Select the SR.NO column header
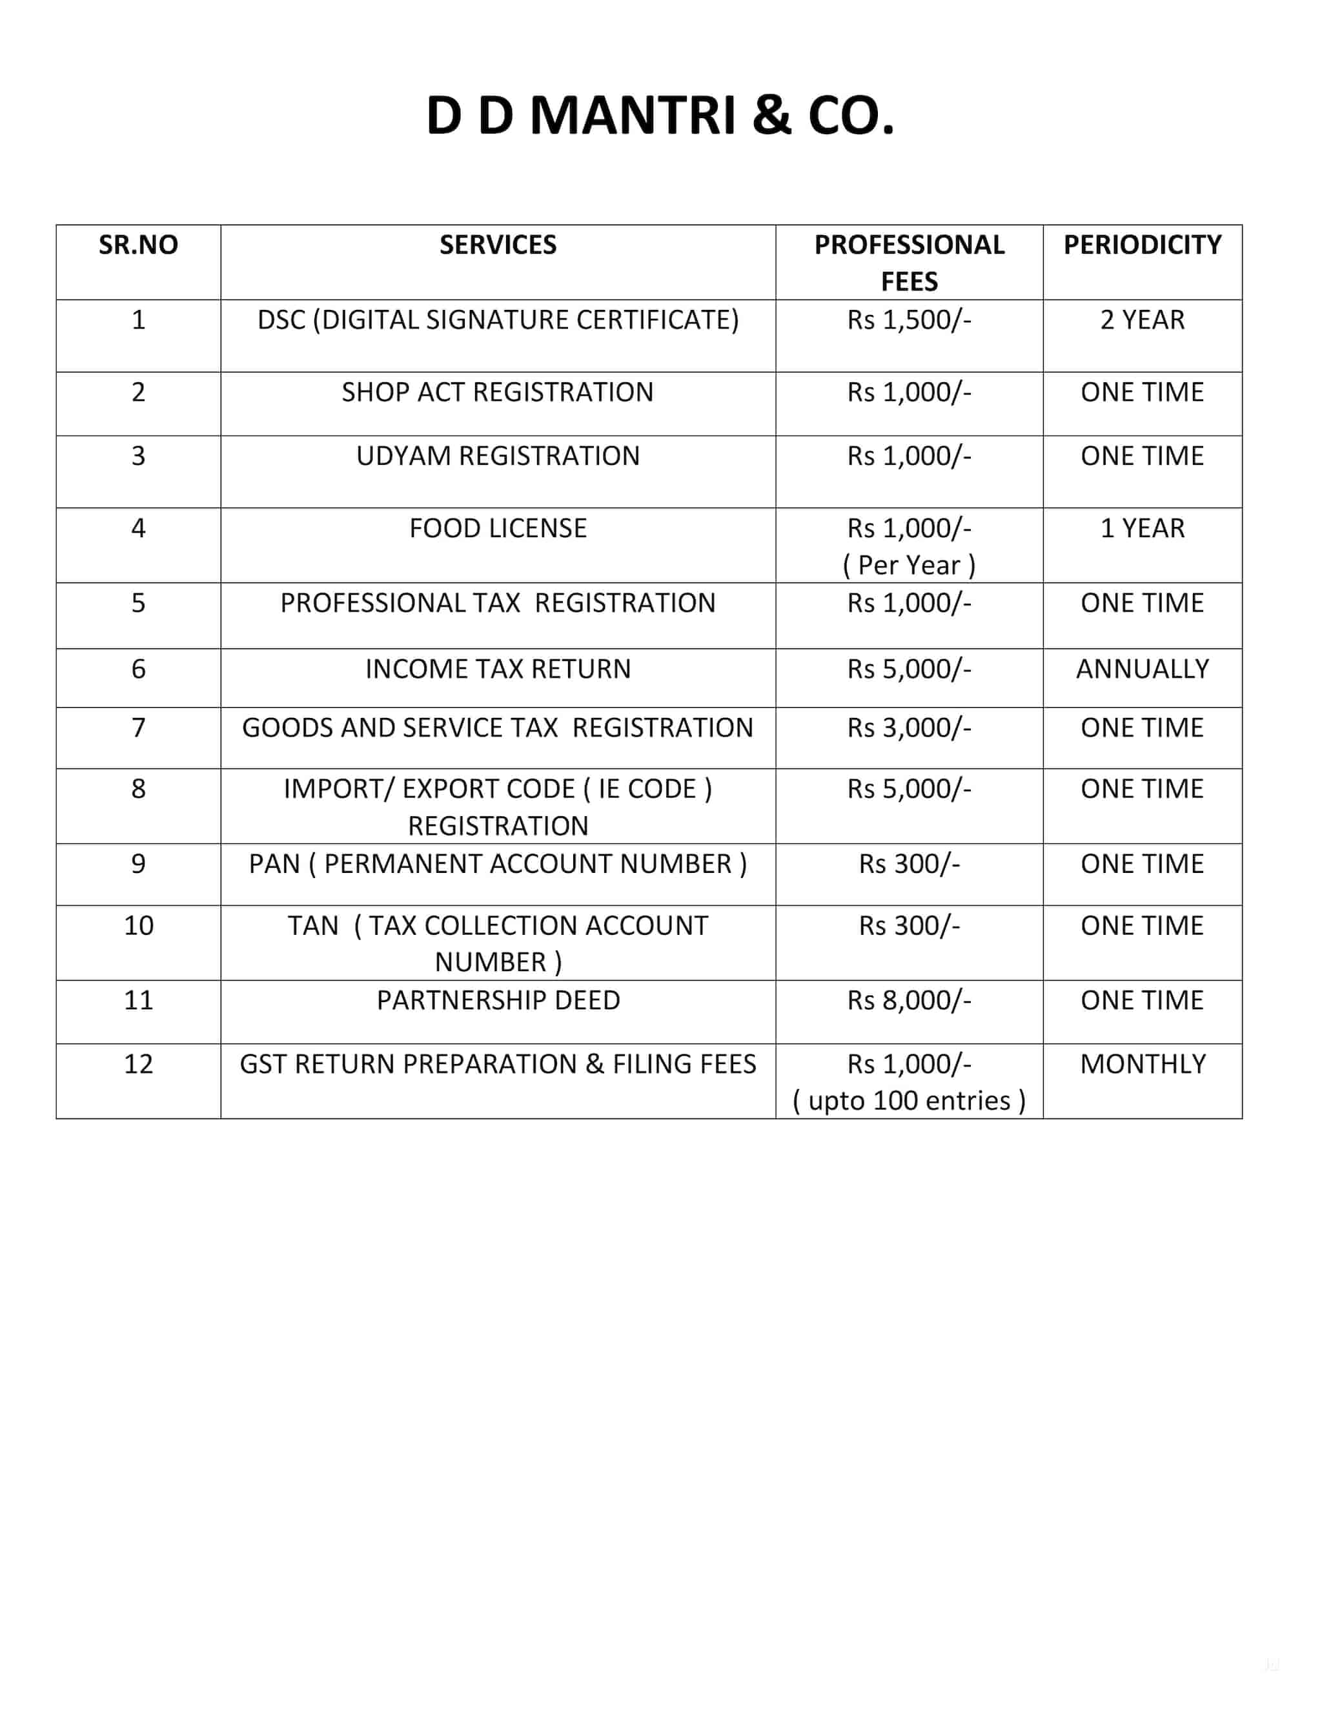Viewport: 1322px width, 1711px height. (138, 245)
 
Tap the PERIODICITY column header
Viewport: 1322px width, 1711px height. (1142, 245)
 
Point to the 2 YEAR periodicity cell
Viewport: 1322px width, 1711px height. (1142, 320)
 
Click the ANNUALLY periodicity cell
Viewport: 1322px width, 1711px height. (1142, 669)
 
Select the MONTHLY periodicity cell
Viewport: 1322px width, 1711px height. (1142, 1064)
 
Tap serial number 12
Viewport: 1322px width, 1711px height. (138, 1064)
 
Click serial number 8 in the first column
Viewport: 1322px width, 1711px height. (138, 789)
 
